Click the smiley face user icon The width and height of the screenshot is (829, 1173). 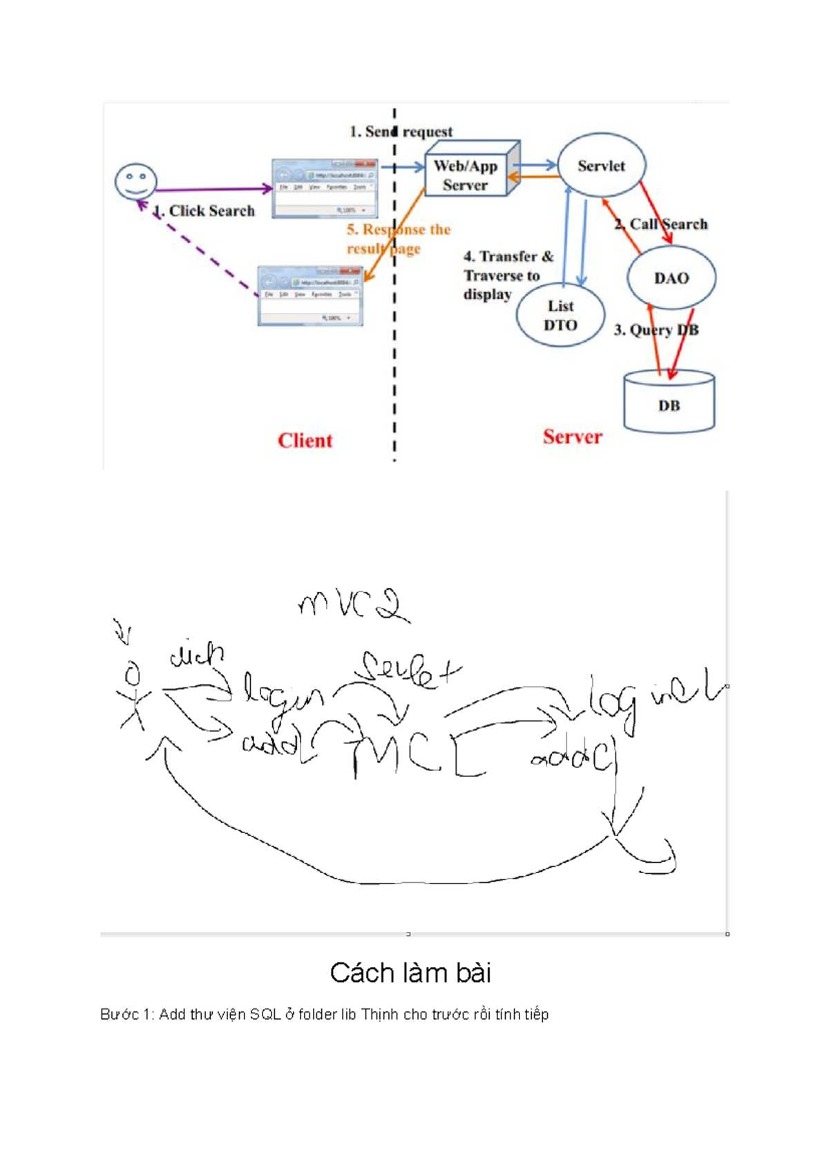click(x=135, y=182)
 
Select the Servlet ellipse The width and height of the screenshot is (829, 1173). click(x=601, y=166)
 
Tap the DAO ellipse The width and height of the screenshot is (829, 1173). click(x=671, y=278)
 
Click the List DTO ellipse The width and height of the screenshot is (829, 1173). click(x=560, y=316)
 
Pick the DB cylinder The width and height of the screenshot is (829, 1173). click(x=669, y=404)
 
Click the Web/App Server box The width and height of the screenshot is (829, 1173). click(x=466, y=175)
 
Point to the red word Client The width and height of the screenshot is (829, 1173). click(x=305, y=440)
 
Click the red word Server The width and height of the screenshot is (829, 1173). click(x=572, y=437)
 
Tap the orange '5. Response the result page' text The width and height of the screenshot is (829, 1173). click(x=398, y=238)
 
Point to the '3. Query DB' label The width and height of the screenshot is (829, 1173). click(x=656, y=330)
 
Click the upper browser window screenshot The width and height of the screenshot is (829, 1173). click(x=325, y=188)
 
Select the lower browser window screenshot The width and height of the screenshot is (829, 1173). click(x=310, y=296)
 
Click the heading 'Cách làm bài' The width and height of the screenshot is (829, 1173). click(x=410, y=973)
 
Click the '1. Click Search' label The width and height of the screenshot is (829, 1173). click(x=205, y=211)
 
